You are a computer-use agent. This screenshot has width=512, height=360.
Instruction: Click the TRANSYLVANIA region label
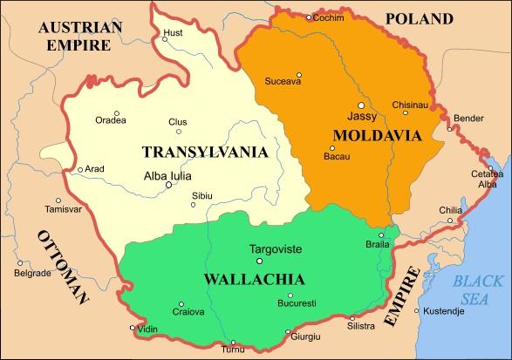pyautogui.click(x=204, y=152)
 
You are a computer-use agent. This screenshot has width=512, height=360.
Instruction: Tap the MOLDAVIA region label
pyautogui.click(x=377, y=135)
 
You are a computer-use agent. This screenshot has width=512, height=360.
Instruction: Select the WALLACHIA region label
pyautogui.click(x=254, y=280)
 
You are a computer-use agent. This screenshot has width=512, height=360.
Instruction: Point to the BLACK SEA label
pyautogui.click(x=479, y=288)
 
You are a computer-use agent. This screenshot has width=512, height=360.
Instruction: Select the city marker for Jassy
pyautogui.click(x=360, y=105)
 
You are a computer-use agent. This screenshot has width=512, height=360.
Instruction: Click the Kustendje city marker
pyautogui.click(x=416, y=311)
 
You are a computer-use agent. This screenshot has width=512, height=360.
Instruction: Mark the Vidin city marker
pyautogui.click(x=133, y=328)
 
